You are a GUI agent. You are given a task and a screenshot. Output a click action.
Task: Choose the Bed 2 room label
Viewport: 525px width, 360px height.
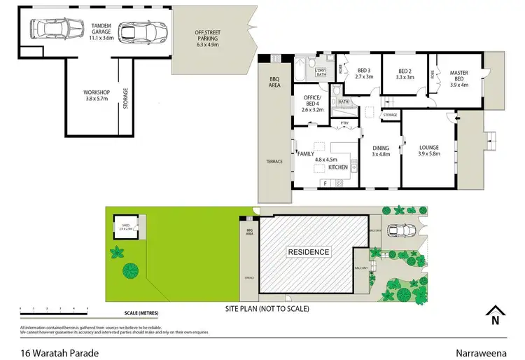405,74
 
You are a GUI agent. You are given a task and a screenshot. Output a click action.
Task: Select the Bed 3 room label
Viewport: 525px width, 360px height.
365,74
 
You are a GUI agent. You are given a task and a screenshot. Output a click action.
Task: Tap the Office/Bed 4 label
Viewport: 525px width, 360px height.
313,105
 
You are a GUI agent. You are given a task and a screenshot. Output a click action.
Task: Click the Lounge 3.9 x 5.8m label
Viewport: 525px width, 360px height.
428,151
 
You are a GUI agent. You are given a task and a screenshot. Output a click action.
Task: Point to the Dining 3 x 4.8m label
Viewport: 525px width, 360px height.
380,151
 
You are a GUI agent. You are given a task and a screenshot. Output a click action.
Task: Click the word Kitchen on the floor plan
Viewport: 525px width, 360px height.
337,168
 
